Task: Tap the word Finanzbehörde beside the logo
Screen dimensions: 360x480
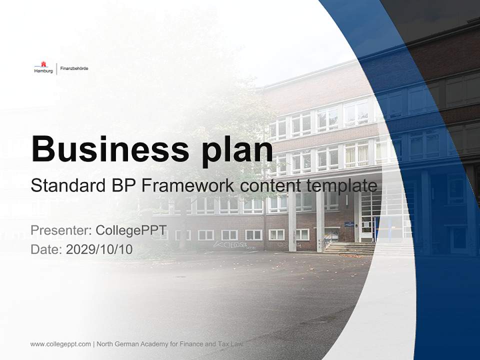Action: (74, 68)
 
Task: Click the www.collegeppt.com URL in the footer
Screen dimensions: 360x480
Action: (60, 344)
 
